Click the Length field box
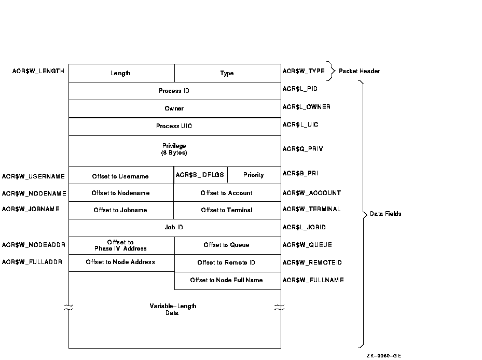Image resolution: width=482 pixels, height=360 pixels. tap(121, 73)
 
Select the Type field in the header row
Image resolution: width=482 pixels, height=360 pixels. tap(227, 73)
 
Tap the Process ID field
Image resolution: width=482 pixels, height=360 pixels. tap(174, 91)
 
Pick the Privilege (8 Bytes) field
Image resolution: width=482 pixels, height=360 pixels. tap(174, 150)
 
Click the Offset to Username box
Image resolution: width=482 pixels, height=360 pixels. tap(120, 176)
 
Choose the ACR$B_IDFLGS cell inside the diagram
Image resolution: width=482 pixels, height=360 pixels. tap(200, 175)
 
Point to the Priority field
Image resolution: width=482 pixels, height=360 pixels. tap(254, 175)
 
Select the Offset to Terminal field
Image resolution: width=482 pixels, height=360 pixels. tap(227, 210)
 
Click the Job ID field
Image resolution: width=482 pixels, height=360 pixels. tap(174, 227)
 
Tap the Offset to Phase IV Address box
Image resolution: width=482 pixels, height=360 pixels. tap(121, 245)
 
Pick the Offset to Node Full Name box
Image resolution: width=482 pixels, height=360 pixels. tap(227, 280)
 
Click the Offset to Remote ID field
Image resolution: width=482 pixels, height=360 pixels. tap(227, 262)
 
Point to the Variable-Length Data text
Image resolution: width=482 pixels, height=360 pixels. tap(173, 309)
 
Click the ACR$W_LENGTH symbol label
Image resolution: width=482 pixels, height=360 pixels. tap(38, 71)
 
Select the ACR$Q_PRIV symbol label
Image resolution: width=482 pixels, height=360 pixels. tap(303, 149)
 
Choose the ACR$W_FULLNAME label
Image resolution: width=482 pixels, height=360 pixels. tap(313, 280)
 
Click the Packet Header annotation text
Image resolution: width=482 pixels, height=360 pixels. tap(359, 71)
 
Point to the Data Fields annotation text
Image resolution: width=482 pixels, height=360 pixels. tap(385, 214)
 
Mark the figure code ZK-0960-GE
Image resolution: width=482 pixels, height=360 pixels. tap(384, 355)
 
